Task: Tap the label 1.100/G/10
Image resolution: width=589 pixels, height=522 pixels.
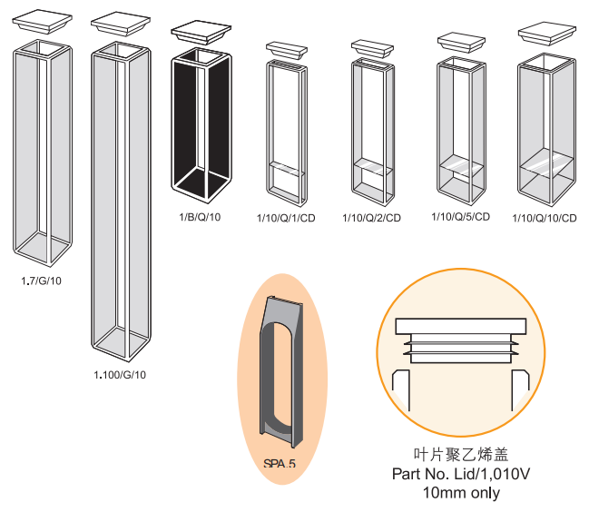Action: pos(120,375)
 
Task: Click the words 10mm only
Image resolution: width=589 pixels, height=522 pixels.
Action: pos(460,493)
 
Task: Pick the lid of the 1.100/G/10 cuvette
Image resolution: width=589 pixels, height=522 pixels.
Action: pos(119,23)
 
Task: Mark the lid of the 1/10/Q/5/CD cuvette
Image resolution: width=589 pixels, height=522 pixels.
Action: pos(462,41)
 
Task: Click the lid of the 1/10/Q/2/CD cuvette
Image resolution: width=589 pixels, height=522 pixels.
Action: pos(372,47)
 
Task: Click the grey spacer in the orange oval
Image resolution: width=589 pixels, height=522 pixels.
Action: pos(281,373)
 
